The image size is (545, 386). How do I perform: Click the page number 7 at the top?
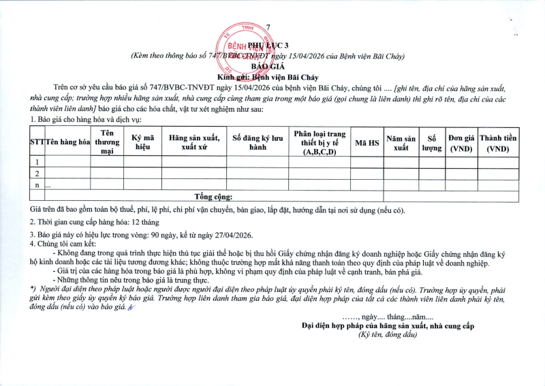268,27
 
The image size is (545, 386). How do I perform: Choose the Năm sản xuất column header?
400,142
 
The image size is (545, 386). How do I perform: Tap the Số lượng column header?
431,142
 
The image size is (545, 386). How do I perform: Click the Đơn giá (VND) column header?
461,142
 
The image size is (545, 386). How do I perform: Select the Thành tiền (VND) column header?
497,142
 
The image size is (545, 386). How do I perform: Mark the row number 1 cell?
37,162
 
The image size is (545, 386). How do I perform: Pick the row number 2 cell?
37,174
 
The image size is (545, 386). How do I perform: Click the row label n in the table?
37,184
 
